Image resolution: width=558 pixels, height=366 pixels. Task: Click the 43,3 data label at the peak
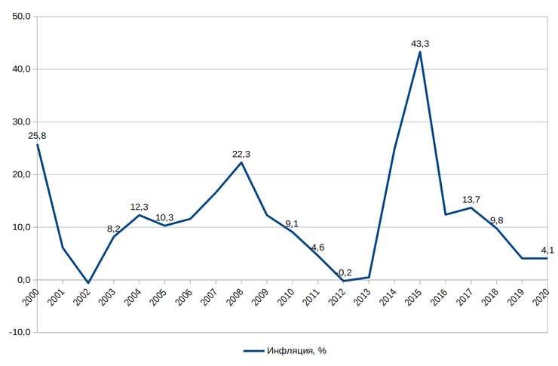tap(420, 44)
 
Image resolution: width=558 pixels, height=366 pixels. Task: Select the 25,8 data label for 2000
tap(37, 136)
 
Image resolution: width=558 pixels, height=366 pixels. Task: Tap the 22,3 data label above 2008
tap(241, 155)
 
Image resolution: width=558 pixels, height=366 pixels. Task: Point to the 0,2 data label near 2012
tap(345, 272)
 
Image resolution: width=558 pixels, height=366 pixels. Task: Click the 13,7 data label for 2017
tap(471, 200)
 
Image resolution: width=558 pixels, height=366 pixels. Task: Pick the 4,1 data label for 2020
tap(548, 250)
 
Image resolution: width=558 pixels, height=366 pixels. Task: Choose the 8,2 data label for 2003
tap(113, 229)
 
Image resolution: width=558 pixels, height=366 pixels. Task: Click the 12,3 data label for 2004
tap(139, 207)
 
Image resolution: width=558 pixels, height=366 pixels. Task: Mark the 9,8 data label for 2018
tap(496, 220)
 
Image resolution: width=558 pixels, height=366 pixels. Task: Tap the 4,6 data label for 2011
tap(317, 248)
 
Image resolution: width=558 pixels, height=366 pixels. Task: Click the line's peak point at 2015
tap(420, 51)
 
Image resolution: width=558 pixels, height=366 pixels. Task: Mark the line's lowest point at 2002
tap(88, 283)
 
